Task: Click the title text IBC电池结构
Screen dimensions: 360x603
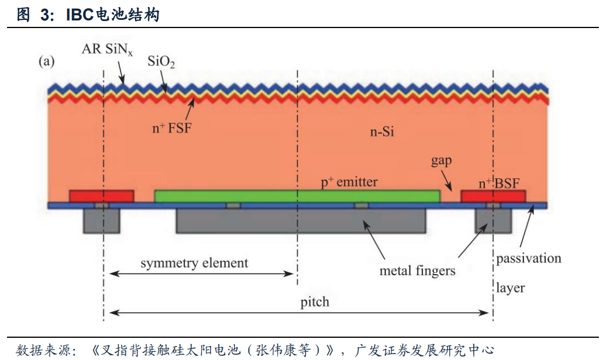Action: coord(112,15)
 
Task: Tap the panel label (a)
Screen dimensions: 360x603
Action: coord(47,61)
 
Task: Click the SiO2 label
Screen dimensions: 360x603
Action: coord(161,61)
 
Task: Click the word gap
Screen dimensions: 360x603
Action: coord(442,160)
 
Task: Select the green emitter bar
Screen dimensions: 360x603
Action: coord(297,196)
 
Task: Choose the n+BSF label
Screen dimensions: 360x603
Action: coord(498,183)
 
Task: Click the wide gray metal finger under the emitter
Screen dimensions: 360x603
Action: coord(301,221)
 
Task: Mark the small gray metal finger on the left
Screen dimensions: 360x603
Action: coord(102,221)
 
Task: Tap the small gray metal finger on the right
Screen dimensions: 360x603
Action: coord(492,221)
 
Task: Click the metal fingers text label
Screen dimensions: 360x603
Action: coord(417,271)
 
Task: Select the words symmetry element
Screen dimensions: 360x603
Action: coord(194,263)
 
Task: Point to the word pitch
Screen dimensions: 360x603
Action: coord(315,302)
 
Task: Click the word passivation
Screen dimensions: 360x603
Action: coord(529,258)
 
